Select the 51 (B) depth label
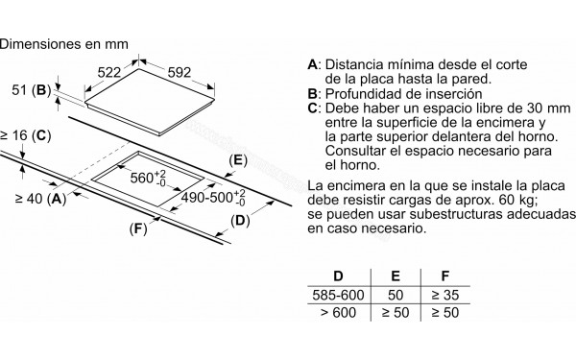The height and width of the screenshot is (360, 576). pyautogui.click(x=27, y=90)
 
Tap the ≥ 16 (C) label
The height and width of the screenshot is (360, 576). pyautogui.click(x=24, y=137)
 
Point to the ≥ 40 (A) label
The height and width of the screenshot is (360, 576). pyautogui.click(x=40, y=199)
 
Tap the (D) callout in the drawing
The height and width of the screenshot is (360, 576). pyautogui.click(x=240, y=223)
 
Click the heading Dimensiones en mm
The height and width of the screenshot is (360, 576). pyautogui.click(x=65, y=42)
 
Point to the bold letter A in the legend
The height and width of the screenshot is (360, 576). pyautogui.click(x=312, y=64)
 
